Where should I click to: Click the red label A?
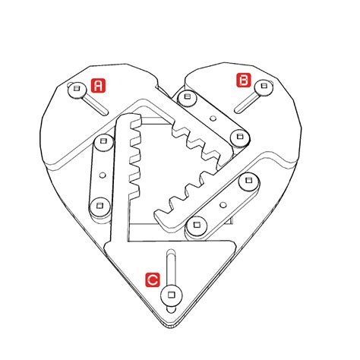[98, 85]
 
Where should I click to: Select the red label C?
[153, 279]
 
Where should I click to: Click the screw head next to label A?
[76, 90]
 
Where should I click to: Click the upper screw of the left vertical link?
[102, 141]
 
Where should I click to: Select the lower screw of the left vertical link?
[97, 204]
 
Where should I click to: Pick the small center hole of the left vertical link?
[99, 172]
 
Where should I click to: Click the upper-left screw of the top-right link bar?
[185, 96]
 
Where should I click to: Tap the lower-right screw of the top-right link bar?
[242, 137]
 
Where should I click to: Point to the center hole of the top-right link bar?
[213, 118]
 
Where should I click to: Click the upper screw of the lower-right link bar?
[245, 181]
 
